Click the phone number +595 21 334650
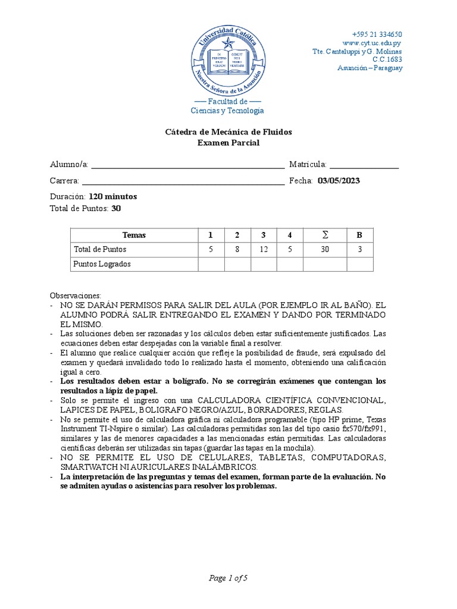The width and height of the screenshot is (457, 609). point(377,34)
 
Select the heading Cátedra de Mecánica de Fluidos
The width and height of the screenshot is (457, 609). point(228,131)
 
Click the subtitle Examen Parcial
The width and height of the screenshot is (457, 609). point(228,143)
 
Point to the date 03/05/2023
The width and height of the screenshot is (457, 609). point(339,181)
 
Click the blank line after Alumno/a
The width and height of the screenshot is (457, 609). point(187,165)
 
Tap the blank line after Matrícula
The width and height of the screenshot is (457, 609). point(364,165)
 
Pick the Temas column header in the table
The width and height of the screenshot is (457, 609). point(134,235)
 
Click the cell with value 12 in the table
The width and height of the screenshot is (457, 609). point(263,250)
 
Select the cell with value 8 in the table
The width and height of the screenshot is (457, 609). point(237,250)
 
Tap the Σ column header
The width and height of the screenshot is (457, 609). point(324,235)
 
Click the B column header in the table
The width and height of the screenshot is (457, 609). point(359,235)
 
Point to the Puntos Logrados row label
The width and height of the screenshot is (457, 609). point(102,264)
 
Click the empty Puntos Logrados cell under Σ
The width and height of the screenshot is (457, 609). point(324,264)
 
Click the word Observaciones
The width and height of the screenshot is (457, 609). point(76,296)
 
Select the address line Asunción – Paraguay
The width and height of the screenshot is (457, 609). point(370,68)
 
